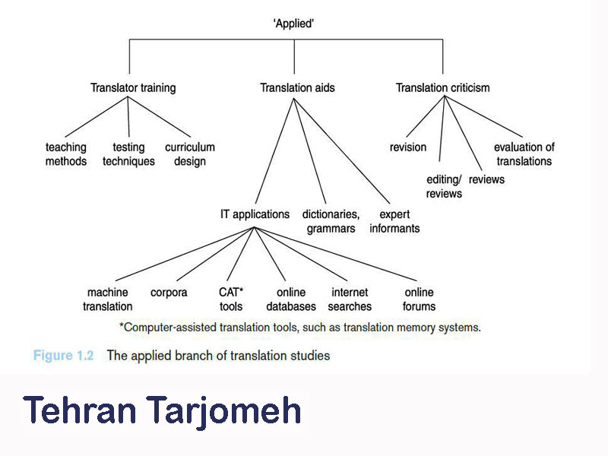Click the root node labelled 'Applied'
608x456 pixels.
click(x=293, y=24)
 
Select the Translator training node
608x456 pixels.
click(x=133, y=88)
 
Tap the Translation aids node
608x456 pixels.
click(x=297, y=88)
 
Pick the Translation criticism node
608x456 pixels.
click(x=443, y=88)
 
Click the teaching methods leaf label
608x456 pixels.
click(x=66, y=154)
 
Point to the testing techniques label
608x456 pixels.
click(x=128, y=154)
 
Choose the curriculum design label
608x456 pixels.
click(x=189, y=154)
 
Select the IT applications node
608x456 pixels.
click(x=255, y=214)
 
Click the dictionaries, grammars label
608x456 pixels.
click(x=331, y=221)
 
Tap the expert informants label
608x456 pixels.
click(x=394, y=221)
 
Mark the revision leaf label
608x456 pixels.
click(x=408, y=147)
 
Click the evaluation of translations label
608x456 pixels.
click(x=524, y=154)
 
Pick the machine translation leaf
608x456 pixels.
click(x=107, y=299)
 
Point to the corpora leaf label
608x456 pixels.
click(x=169, y=293)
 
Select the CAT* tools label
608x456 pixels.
click(x=231, y=299)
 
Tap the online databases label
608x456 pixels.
click(x=291, y=299)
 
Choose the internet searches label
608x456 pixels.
click(x=350, y=299)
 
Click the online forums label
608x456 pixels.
click(x=420, y=299)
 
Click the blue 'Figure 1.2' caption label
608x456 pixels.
click(x=63, y=356)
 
